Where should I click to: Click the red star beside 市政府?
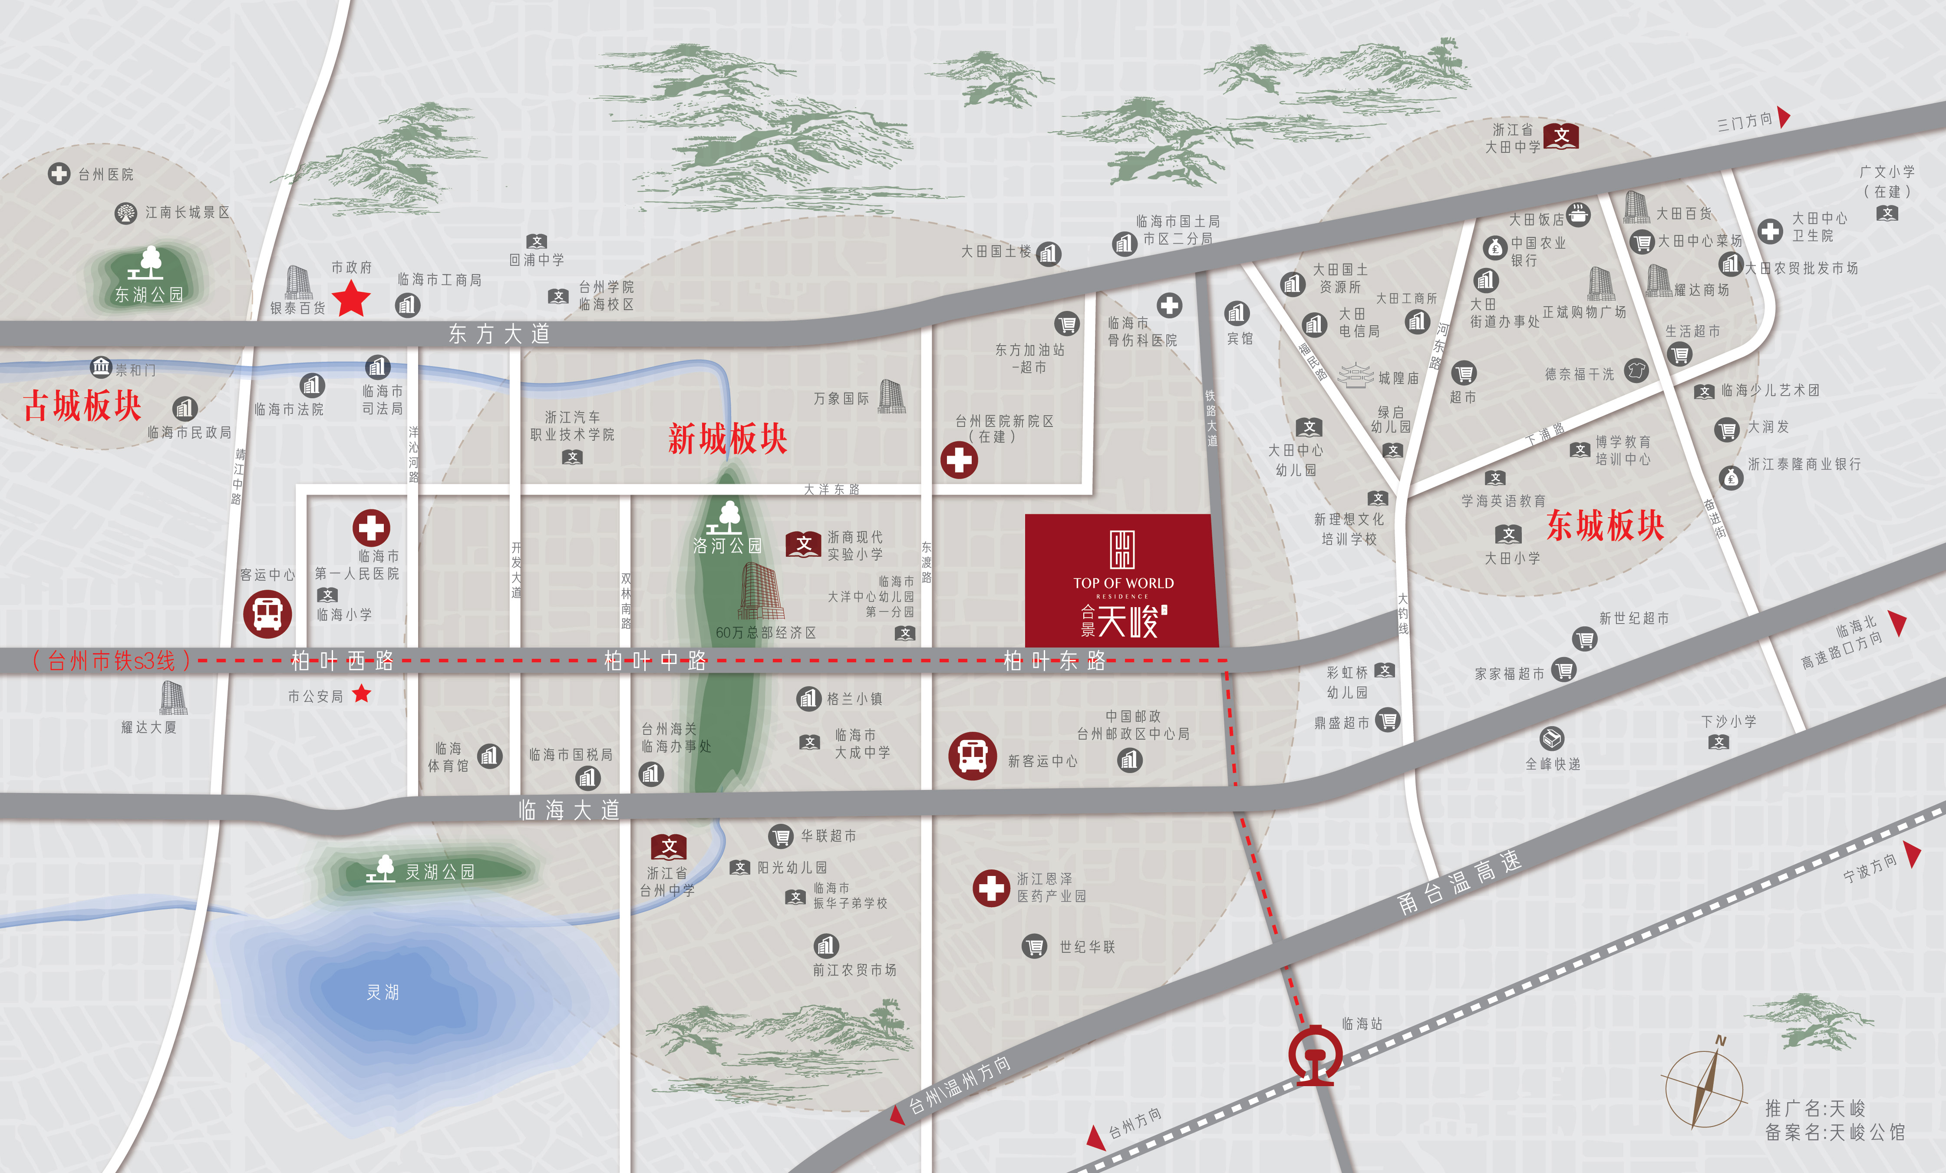[351, 299]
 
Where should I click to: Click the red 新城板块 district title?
[727, 438]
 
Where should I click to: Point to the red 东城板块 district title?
[1605, 525]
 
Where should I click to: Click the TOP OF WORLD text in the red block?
[1123, 583]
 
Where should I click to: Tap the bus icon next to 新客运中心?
[972, 756]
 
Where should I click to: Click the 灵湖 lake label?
[383, 992]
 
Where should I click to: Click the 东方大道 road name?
[499, 334]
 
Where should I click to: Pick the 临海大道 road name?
[569, 810]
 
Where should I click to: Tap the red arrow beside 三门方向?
[1783, 117]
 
